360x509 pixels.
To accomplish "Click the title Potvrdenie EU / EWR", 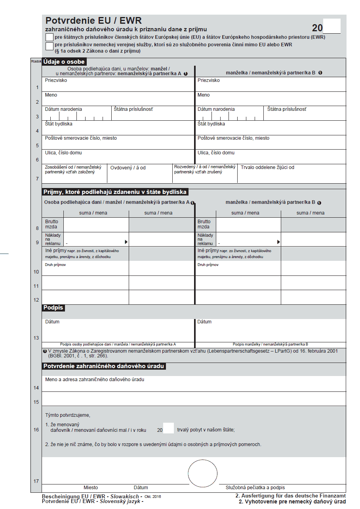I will [x=93, y=21].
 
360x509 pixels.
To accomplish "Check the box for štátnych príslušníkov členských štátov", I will [x=50, y=37].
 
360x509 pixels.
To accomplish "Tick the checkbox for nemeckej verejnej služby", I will [x=50, y=46].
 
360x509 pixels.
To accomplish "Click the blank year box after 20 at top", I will [x=332, y=27].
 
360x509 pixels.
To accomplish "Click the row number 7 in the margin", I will [x=37, y=179].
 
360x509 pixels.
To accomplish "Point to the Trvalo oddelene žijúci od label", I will [x=267, y=167].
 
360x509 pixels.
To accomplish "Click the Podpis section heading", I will [x=53, y=308].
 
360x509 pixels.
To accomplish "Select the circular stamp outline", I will [x=202, y=473].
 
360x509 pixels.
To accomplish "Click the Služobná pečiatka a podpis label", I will [x=255, y=488].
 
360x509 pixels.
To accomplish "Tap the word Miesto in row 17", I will [x=91, y=488].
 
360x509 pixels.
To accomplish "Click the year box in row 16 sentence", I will [x=168, y=428].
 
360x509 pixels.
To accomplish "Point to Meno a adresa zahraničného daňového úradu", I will [x=95, y=380].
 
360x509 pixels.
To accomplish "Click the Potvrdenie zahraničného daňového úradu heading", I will [x=103, y=366].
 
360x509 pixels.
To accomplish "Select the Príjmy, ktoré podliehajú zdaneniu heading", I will [x=115, y=192].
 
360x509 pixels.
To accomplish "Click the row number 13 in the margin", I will [x=36, y=338].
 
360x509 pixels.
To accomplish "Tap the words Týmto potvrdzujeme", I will [x=68, y=415].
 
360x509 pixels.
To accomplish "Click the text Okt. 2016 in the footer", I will [x=153, y=496].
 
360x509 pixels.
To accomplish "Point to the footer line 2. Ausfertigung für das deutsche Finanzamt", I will [x=290, y=496].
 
